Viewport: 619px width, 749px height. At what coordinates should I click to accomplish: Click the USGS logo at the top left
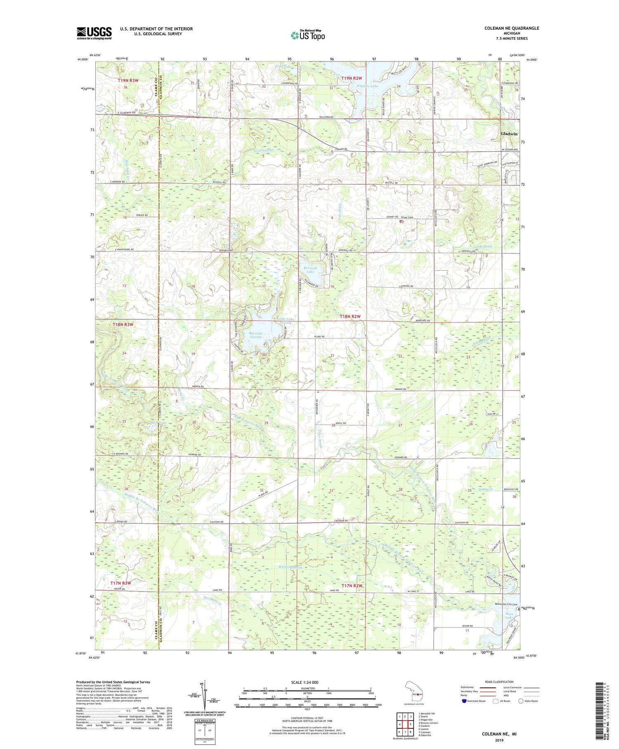pyautogui.click(x=94, y=33)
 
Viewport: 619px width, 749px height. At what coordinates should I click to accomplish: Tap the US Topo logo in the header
pyautogui.click(x=307, y=36)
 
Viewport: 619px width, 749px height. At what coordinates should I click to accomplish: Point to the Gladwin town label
pyautogui.click(x=508, y=134)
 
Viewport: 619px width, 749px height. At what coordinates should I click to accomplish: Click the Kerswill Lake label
pyautogui.click(x=310, y=270)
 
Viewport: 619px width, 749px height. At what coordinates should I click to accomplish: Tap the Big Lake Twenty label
pyautogui.click(x=256, y=335)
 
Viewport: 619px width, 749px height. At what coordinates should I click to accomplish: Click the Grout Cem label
pyautogui.click(x=407, y=217)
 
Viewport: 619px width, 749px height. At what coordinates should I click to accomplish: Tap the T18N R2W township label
pyautogui.click(x=350, y=316)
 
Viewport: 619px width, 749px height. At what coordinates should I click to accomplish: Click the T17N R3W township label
pyautogui.click(x=120, y=583)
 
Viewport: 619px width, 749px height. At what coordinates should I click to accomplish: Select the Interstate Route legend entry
pyautogui.click(x=475, y=701)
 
